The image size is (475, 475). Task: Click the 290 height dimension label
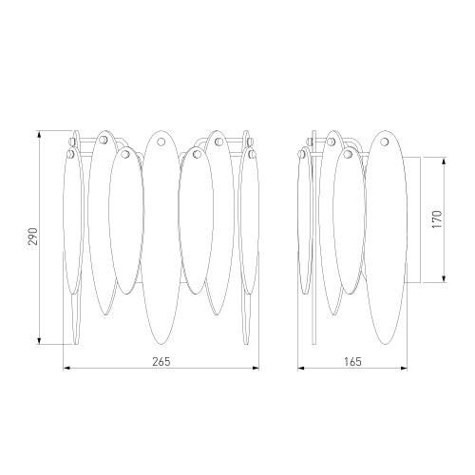[x=34, y=237]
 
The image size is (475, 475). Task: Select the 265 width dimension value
[x=161, y=361]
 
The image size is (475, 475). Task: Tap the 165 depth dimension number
[x=352, y=361]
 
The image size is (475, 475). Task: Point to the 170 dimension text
[x=436, y=219]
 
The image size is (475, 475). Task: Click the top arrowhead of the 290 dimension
[x=39, y=134]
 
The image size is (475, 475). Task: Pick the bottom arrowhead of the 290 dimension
[x=39, y=340]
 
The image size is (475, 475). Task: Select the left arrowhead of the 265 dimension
[x=67, y=368]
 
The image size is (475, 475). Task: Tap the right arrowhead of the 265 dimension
[x=256, y=368]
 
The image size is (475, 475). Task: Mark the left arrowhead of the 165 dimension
[x=301, y=368]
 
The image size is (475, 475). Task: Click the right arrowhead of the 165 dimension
[x=404, y=368]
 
